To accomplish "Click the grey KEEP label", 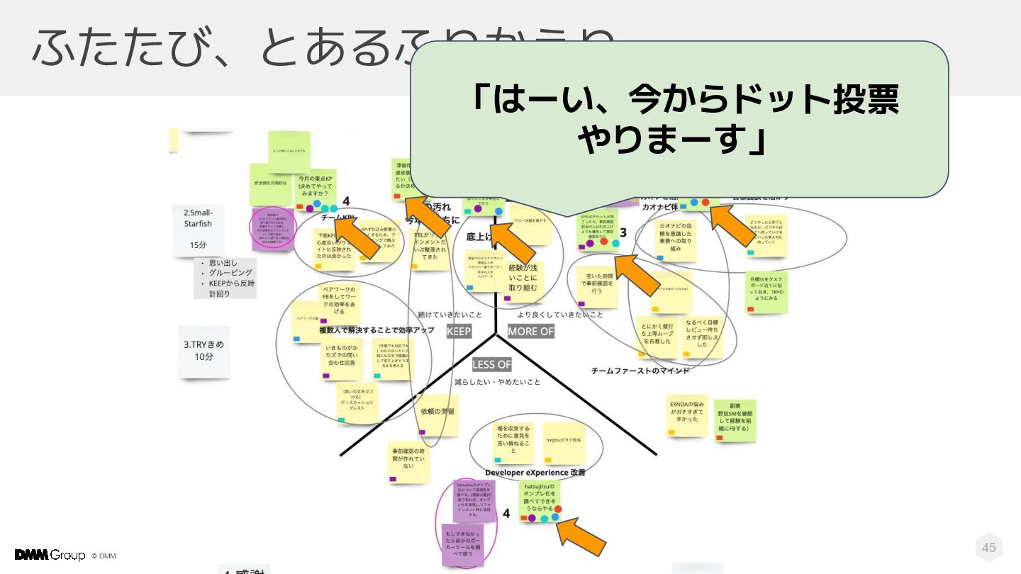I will pos(459,332).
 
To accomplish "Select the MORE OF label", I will pos(530,332).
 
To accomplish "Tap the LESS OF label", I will pos(491,364).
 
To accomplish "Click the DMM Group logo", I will pos(50,555).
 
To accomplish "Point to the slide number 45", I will pos(988,547).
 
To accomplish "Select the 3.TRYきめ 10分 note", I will pos(203,350).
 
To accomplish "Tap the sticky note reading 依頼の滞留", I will pos(437,413).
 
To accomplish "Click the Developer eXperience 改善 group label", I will pos(535,473).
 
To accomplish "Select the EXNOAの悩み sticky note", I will pos(688,415).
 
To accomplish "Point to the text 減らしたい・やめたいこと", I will pos(497,382).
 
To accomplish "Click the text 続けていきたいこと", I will pos(450,315).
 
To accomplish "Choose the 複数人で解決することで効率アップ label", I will pos(376,330).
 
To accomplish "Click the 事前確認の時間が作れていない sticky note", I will pos(408,459).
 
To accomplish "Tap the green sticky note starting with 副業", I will pos(735,419).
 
